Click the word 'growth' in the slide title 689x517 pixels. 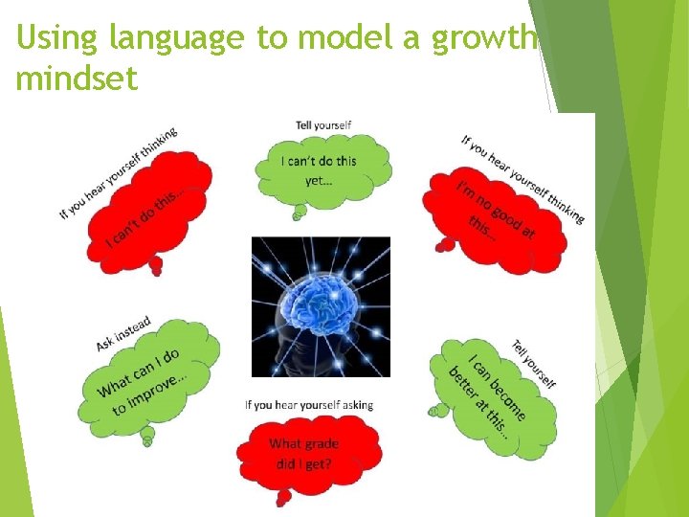(x=485, y=38)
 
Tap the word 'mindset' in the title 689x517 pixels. (x=77, y=78)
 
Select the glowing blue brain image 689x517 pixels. (x=321, y=306)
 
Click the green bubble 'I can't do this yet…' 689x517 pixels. (x=322, y=170)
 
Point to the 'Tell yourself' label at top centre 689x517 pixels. (x=323, y=125)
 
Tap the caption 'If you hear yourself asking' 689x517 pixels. (x=309, y=405)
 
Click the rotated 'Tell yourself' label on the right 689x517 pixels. (x=534, y=364)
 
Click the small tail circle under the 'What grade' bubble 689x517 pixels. (x=282, y=499)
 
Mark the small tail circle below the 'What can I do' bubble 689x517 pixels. (x=147, y=440)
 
